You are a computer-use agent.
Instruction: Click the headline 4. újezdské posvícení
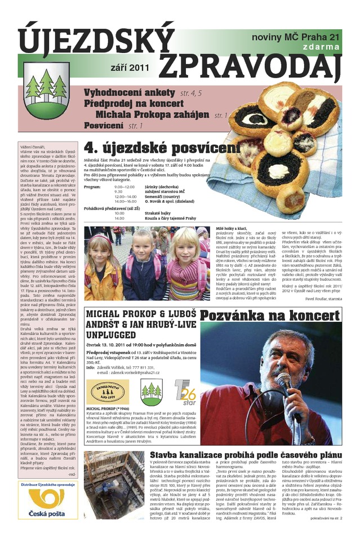click(x=161, y=148)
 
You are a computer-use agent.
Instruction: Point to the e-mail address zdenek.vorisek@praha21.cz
click(x=127, y=372)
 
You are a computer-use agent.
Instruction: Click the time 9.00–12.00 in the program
click(x=125, y=187)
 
